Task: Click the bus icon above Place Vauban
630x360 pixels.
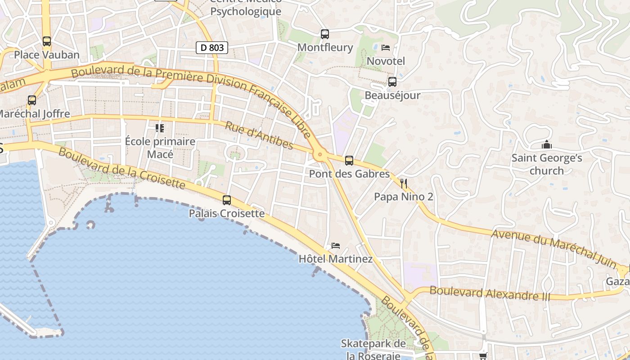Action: pyautogui.click(x=47, y=41)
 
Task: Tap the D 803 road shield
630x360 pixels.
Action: pyautogui.click(x=212, y=47)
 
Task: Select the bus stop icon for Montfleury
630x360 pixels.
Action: pyautogui.click(x=325, y=34)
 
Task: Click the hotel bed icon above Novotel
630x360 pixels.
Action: pyautogui.click(x=386, y=48)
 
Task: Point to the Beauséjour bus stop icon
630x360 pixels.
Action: pyautogui.click(x=392, y=82)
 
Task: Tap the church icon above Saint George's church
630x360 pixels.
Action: pyautogui.click(x=547, y=145)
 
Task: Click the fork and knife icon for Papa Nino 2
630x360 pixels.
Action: pyautogui.click(x=404, y=184)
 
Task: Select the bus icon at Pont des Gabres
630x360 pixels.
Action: pyautogui.click(x=349, y=161)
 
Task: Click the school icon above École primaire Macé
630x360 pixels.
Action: pyautogui.click(x=160, y=128)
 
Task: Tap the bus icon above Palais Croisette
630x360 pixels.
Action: pyautogui.click(x=227, y=200)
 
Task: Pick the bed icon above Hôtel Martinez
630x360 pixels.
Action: pyautogui.click(x=336, y=246)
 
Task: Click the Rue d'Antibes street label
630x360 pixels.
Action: pyautogui.click(x=259, y=135)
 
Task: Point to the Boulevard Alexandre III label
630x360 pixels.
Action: pyautogui.click(x=490, y=293)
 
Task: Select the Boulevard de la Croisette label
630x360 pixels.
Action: pyautogui.click(x=121, y=168)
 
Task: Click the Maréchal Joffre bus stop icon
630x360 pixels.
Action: pyautogui.click(x=32, y=100)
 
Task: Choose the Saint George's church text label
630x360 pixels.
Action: pyautogui.click(x=547, y=164)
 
